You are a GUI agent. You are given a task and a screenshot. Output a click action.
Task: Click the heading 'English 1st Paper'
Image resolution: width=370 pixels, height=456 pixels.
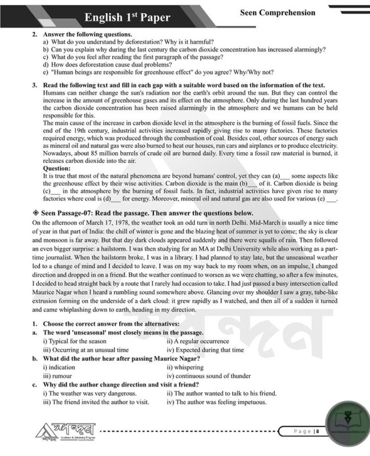coord(127,17)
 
